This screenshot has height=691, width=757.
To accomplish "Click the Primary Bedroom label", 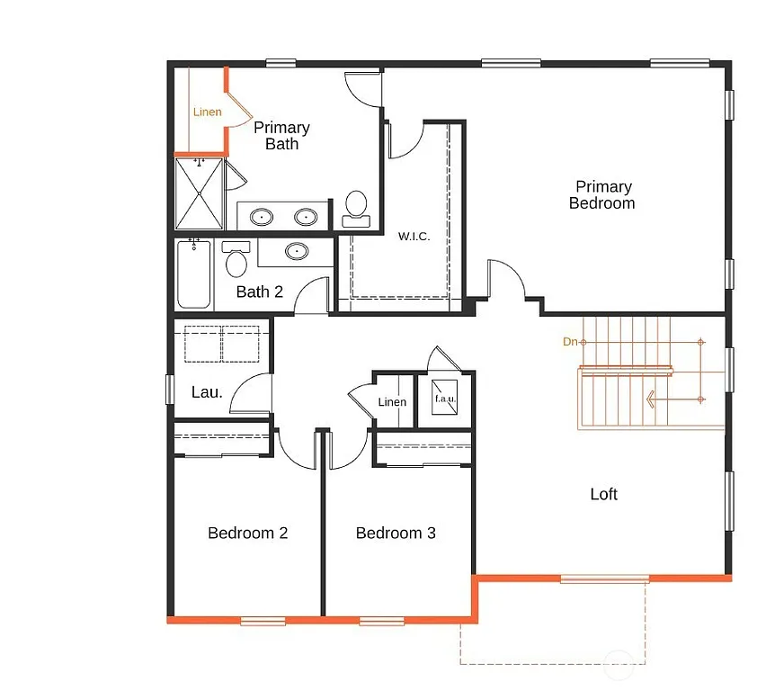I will [602, 195].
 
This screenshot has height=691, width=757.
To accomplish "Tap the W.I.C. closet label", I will [414, 237].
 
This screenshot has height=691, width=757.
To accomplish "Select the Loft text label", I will [603, 494].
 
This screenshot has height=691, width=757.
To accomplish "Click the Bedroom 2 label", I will [247, 533].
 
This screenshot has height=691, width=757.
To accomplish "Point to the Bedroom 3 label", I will [396, 533].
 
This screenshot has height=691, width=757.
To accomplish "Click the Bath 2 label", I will [260, 292].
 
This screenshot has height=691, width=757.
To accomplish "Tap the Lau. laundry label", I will [207, 392].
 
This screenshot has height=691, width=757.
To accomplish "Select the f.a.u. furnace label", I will [445, 399].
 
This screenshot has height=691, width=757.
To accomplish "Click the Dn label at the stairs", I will [569, 342].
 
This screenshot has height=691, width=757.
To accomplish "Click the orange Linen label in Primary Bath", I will [207, 112].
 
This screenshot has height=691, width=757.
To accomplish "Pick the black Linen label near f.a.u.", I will [392, 402].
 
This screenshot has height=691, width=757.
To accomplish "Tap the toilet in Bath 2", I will [236, 260].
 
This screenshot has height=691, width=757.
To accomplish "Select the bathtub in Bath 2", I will [193, 274].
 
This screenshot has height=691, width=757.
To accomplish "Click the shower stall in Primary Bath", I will [198, 193].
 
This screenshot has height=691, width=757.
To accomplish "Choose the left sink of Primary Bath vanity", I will [262, 217].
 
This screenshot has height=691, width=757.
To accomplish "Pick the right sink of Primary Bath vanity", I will [307, 217].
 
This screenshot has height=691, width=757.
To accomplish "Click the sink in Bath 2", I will [296, 252].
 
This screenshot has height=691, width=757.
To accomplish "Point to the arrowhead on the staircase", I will [650, 399].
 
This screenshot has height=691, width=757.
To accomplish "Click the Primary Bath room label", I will [281, 136].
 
